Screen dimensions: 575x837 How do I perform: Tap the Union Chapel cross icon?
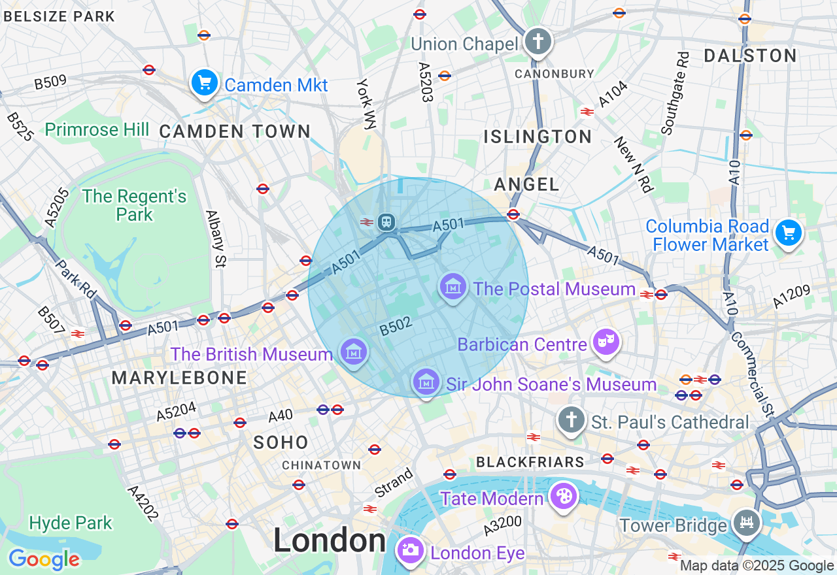click(x=538, y=42)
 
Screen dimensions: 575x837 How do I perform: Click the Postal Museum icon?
click(x=453, y=287)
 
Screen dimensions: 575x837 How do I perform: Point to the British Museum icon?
click(x=353, y=352)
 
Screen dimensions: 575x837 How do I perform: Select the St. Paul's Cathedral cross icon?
click(x=571, y=420)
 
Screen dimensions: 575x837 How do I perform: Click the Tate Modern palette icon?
click(x=562, y=497)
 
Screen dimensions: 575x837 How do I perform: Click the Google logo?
click(x=44, y=559)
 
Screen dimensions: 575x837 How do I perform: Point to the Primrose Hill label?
click(x=97, y=129)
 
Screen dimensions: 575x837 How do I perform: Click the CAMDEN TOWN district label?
click(x=235, y=131)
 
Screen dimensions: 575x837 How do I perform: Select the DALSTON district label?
click(x=750, y=56)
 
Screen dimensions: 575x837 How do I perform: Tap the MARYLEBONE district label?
click(x=179, y=378)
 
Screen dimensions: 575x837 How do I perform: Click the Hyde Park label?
click(x=71, y=523)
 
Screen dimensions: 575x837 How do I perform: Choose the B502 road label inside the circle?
click(x=395, y=327)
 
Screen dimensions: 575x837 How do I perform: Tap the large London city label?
click(x=330, y=540)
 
